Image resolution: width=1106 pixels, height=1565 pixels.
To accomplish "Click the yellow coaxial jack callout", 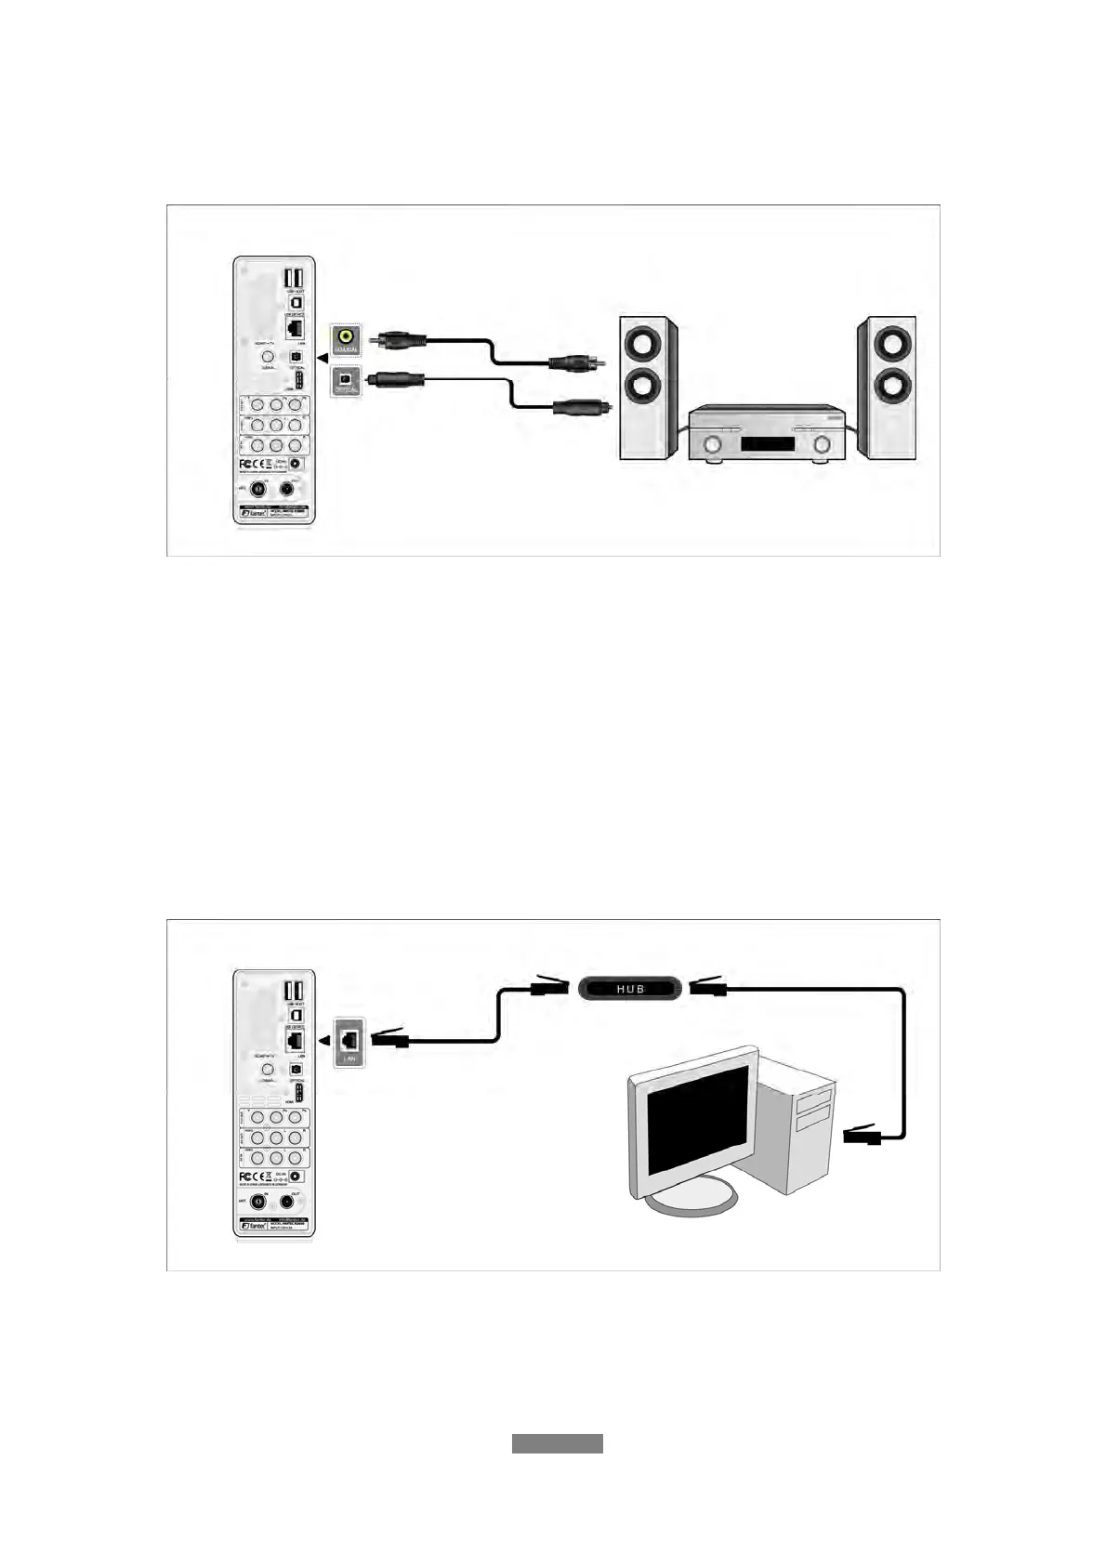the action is click(347, 338).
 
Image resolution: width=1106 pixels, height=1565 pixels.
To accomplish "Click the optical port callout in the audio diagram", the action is click(347, 380).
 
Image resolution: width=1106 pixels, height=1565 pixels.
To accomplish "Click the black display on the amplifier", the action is click(768, 445).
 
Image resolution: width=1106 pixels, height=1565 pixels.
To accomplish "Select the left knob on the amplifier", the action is click(713, 446).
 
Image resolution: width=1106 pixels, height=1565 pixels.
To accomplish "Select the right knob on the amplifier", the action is click(821, 446).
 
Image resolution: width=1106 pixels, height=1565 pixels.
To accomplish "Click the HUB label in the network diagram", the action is click(630, 988).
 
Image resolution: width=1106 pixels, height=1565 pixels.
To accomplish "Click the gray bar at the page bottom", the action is click(557, 1444).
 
